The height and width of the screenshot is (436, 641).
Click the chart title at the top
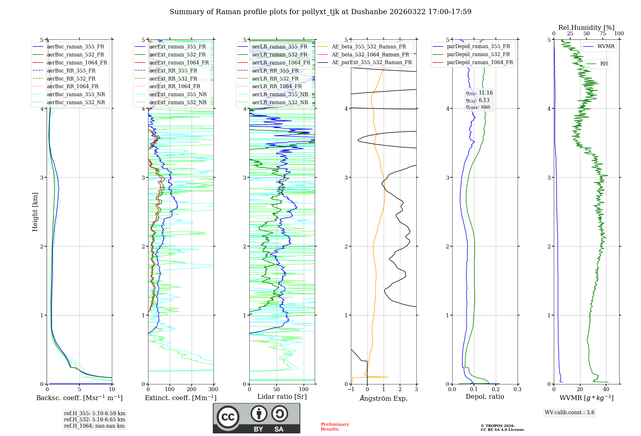(x=320, y=12)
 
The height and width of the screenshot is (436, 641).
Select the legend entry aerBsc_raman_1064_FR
(x=77, y=63)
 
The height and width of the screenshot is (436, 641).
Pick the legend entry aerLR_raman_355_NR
(x=280, y=94)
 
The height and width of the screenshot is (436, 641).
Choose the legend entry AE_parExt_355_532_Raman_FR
(x=372, y=62)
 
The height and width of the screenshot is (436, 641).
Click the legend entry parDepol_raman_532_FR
(x=478, y=55)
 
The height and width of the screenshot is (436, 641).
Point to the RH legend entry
(x=604, y=64)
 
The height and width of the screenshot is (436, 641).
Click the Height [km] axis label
(x=35, y=212)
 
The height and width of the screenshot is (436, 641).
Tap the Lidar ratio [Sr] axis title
(x=282, y=397)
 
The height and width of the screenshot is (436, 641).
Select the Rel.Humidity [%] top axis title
(x=586, y=28)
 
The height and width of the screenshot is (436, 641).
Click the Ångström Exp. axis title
(x=384, y=398)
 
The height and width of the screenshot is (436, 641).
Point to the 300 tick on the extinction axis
(x=213, y=390)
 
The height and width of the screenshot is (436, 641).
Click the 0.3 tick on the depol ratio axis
(x=517, y=390)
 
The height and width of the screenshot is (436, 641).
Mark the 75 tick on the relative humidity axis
(x=603, y=34)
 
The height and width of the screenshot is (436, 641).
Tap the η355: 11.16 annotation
(x=479, y=93)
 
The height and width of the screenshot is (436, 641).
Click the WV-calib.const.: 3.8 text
(x=570, y=413)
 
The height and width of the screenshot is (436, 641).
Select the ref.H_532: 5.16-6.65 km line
(x=95, y=419)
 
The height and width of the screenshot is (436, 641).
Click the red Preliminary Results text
(x=335, y=427)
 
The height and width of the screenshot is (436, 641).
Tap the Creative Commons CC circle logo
(x=228, y=417)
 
